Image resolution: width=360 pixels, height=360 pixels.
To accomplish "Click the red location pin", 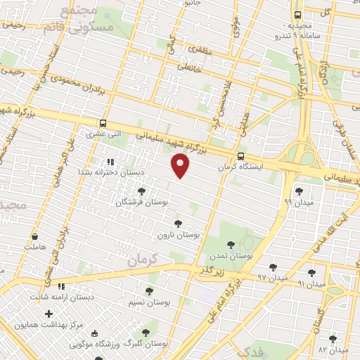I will point(181,165).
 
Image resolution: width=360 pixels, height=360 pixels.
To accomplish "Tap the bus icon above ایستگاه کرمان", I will point(241,156).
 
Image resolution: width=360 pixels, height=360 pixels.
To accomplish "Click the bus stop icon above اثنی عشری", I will point(104,122).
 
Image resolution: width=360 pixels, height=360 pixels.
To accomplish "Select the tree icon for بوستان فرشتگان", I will point(141,191).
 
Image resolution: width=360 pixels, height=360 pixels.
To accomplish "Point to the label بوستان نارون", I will point(179,235).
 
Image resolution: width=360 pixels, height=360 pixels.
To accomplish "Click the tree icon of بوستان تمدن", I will point(231,245).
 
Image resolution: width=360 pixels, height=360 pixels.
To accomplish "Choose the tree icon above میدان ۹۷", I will point(272,267).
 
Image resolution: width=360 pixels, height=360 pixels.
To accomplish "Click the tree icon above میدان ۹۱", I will point(311,272).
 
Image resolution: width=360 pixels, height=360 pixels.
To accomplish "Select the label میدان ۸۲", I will point(333,349).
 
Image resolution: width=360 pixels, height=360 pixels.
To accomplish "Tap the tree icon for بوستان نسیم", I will point(148,291).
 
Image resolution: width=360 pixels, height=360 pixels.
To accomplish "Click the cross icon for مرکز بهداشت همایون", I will point(49,314).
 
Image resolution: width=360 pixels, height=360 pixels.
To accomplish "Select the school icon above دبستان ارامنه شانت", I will point(61,286).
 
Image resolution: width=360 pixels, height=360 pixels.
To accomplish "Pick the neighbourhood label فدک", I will point(250,351).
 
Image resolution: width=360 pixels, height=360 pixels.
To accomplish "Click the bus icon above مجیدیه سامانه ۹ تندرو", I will point(297,14).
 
